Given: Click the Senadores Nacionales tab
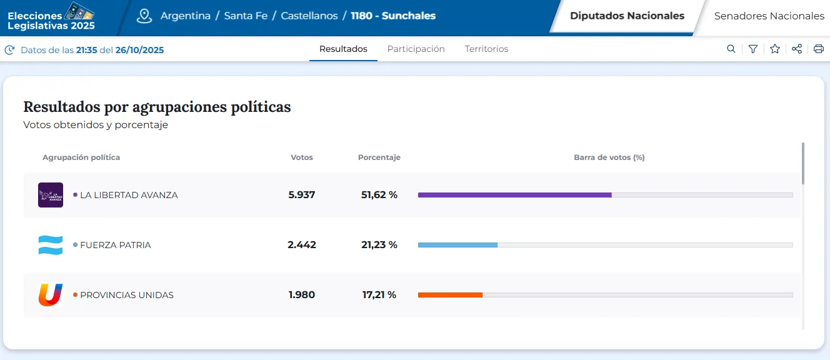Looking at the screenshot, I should pos(769,16).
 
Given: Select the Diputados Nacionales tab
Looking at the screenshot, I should pos(627,16).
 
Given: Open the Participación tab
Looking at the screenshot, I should pos(416,49).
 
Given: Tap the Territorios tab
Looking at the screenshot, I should pos(486,49).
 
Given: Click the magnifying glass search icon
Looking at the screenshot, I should pos(731,49).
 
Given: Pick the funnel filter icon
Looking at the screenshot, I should pos(753,49).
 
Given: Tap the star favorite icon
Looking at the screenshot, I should pos(775,49).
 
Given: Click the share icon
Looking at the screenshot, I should pos(797,49).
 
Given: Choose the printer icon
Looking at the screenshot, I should pos(819,49).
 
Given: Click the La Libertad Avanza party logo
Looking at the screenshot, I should pos(51,195).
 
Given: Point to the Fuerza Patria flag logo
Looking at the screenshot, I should pos(51,245).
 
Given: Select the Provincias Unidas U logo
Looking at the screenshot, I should pos(51,295).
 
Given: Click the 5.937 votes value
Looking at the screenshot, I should pos(302,195).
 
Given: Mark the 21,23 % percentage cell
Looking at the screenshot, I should pos(379,245).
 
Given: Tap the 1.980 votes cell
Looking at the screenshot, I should pos(302,295).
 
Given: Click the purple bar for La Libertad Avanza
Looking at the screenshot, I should pos(514,195).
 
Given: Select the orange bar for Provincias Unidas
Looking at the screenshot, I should pos(450,295).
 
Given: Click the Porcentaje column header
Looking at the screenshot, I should pos(379,157).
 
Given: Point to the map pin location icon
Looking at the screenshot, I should pos(144,16).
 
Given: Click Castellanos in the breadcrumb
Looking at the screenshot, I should pos(309,16).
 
